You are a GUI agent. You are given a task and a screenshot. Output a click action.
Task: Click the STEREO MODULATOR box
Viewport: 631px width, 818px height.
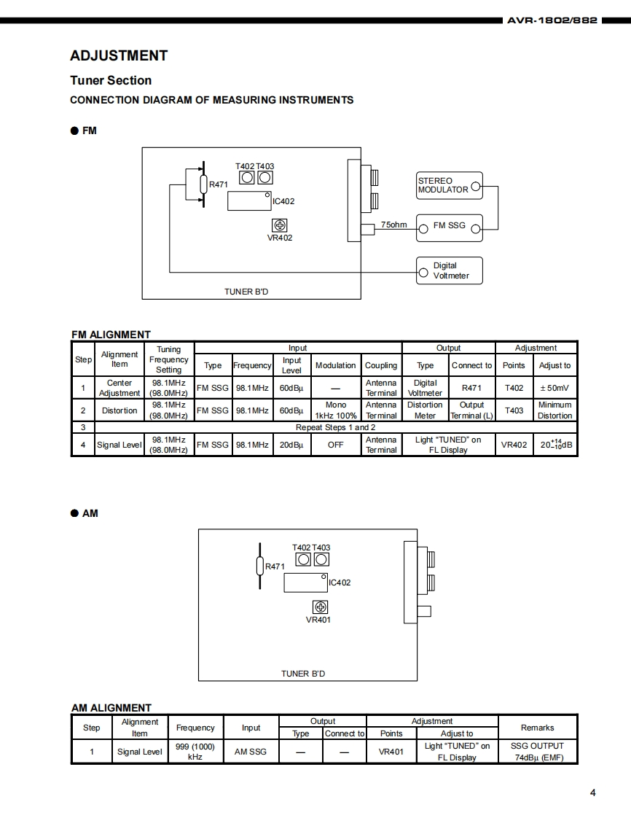[x=449, y=185]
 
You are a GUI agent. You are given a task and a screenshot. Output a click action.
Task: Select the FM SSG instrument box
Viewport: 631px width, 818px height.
[x=449, y=227]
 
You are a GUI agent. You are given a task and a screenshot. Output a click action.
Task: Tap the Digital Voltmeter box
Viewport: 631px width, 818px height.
[x=449, y=270]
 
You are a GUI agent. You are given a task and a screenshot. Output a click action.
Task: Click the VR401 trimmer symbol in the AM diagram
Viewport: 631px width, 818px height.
[x=319, y=607]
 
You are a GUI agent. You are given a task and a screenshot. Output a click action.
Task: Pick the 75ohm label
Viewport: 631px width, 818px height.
[x=393, y=225]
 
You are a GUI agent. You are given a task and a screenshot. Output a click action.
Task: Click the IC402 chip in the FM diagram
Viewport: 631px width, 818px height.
[x=249, y=200]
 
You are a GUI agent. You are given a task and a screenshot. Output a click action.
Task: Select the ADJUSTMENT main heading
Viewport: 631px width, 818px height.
[x=119, y=55]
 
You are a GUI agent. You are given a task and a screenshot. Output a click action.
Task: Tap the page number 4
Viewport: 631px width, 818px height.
[x=592, y=792]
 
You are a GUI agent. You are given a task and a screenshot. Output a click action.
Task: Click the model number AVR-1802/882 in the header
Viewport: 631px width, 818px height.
[x=552, y=20]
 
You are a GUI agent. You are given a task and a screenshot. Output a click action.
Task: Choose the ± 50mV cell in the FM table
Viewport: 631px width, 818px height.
[x=554, y=388]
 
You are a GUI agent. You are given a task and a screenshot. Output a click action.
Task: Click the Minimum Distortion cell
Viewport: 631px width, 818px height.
[x=554, y=410]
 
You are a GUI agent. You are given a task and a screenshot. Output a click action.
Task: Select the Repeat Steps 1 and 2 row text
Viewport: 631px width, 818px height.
[x=335, y=427]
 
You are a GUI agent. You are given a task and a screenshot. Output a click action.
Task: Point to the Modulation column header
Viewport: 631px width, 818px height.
[x=335, y=365]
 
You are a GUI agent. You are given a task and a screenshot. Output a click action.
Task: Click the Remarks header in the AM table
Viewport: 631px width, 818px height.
[x=537, y=728]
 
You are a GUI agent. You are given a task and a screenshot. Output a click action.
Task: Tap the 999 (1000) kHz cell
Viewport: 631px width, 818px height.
[x=195, y=751]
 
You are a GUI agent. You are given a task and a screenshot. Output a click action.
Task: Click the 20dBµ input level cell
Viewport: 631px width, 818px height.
[x=291, y=445]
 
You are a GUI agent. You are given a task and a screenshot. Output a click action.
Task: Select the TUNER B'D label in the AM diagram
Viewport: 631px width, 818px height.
[x=303, y=674]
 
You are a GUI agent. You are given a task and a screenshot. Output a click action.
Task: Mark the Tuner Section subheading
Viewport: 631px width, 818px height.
[x=111, y=80]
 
